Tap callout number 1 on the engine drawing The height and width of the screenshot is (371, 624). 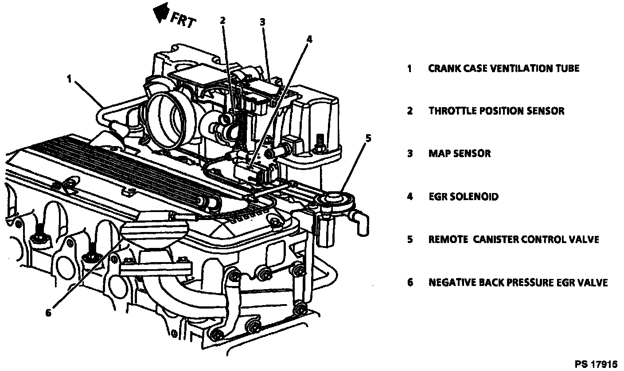(x=69, y=79)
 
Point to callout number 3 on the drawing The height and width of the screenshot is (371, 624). (x=262, y=22)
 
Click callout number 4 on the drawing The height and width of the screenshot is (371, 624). (x=309, y=39)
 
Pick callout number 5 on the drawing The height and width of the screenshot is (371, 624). (x=368, y=138)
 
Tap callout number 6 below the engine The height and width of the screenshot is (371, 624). (x=48, y=313)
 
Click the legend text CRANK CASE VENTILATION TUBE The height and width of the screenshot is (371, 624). (x=503, y=68)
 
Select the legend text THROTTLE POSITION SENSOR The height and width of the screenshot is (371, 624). (x=496, y=111)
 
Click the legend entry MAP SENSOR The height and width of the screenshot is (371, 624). (x=460, y=154)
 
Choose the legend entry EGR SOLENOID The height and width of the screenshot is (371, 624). (x=463, y=196)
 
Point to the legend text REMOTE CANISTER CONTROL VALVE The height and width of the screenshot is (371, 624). (x=513, y=240)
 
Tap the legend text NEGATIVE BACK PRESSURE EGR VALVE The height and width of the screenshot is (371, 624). (x=518, y=282)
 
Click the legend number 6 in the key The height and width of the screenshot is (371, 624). (x=410, y=282)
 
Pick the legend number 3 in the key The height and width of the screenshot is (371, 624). (x=410, y=154)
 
